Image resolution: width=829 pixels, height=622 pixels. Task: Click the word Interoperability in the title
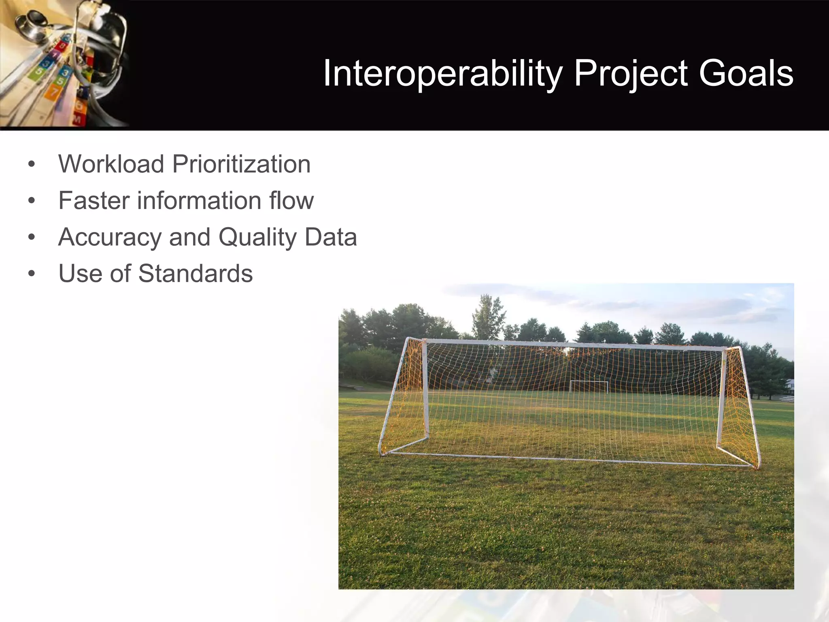click(443, 74)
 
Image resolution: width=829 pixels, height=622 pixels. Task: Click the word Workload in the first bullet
click(111, 164)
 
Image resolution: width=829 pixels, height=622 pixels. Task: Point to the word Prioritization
click(241, 164)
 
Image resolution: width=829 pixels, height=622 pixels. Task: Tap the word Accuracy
click(110, 237)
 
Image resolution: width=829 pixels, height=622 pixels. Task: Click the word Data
click(331, 237)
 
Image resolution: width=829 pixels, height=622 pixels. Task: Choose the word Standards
click(196, 273)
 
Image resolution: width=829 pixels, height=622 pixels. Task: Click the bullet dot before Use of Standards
click(32, 274)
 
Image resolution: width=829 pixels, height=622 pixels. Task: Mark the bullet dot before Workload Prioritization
click(32, 165)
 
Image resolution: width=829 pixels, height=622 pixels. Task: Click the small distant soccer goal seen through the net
click(589, 386)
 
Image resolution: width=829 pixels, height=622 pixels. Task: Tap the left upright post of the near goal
click(425, 389)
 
